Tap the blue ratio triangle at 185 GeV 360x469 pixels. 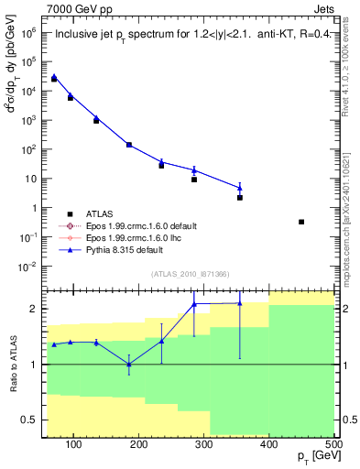coord(129,365)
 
